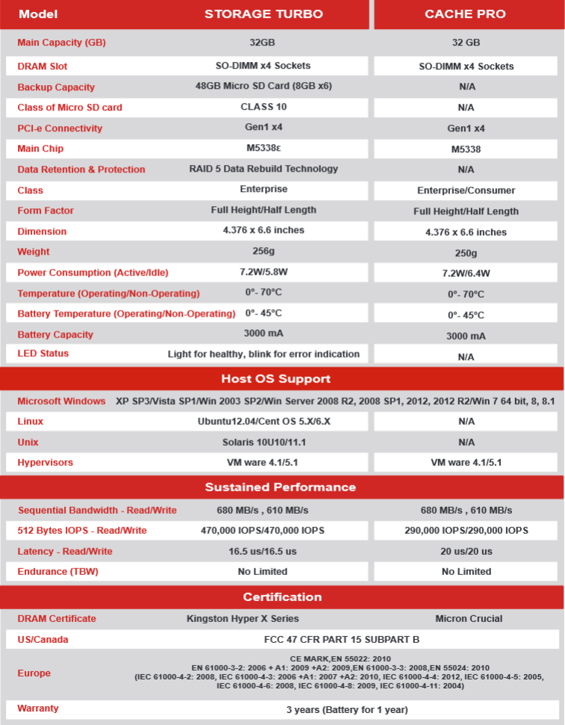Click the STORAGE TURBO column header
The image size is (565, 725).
click(263, 14)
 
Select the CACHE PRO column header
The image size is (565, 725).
click(465, 14)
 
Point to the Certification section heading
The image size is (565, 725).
click(282, 597)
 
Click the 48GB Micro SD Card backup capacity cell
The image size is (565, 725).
click(263, 86)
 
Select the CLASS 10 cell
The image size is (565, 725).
click(263, 107)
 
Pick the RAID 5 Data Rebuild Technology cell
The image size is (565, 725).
click(263, 169)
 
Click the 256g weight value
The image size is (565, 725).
click(263, 252)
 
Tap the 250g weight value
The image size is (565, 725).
click(466, 253)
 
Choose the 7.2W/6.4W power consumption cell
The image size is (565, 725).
click(466, 273)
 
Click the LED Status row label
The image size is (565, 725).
click(43, 353)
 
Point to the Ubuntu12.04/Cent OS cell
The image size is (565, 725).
click(263, 421)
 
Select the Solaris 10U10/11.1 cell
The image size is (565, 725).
click(263, 442)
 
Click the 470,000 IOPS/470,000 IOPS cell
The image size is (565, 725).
click(263, 530)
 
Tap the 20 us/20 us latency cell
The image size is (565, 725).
click(466, 551)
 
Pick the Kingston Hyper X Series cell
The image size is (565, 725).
click(243, 618)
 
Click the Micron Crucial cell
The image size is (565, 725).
click(469, 618)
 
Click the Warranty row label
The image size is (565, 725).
click(38, 708)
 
